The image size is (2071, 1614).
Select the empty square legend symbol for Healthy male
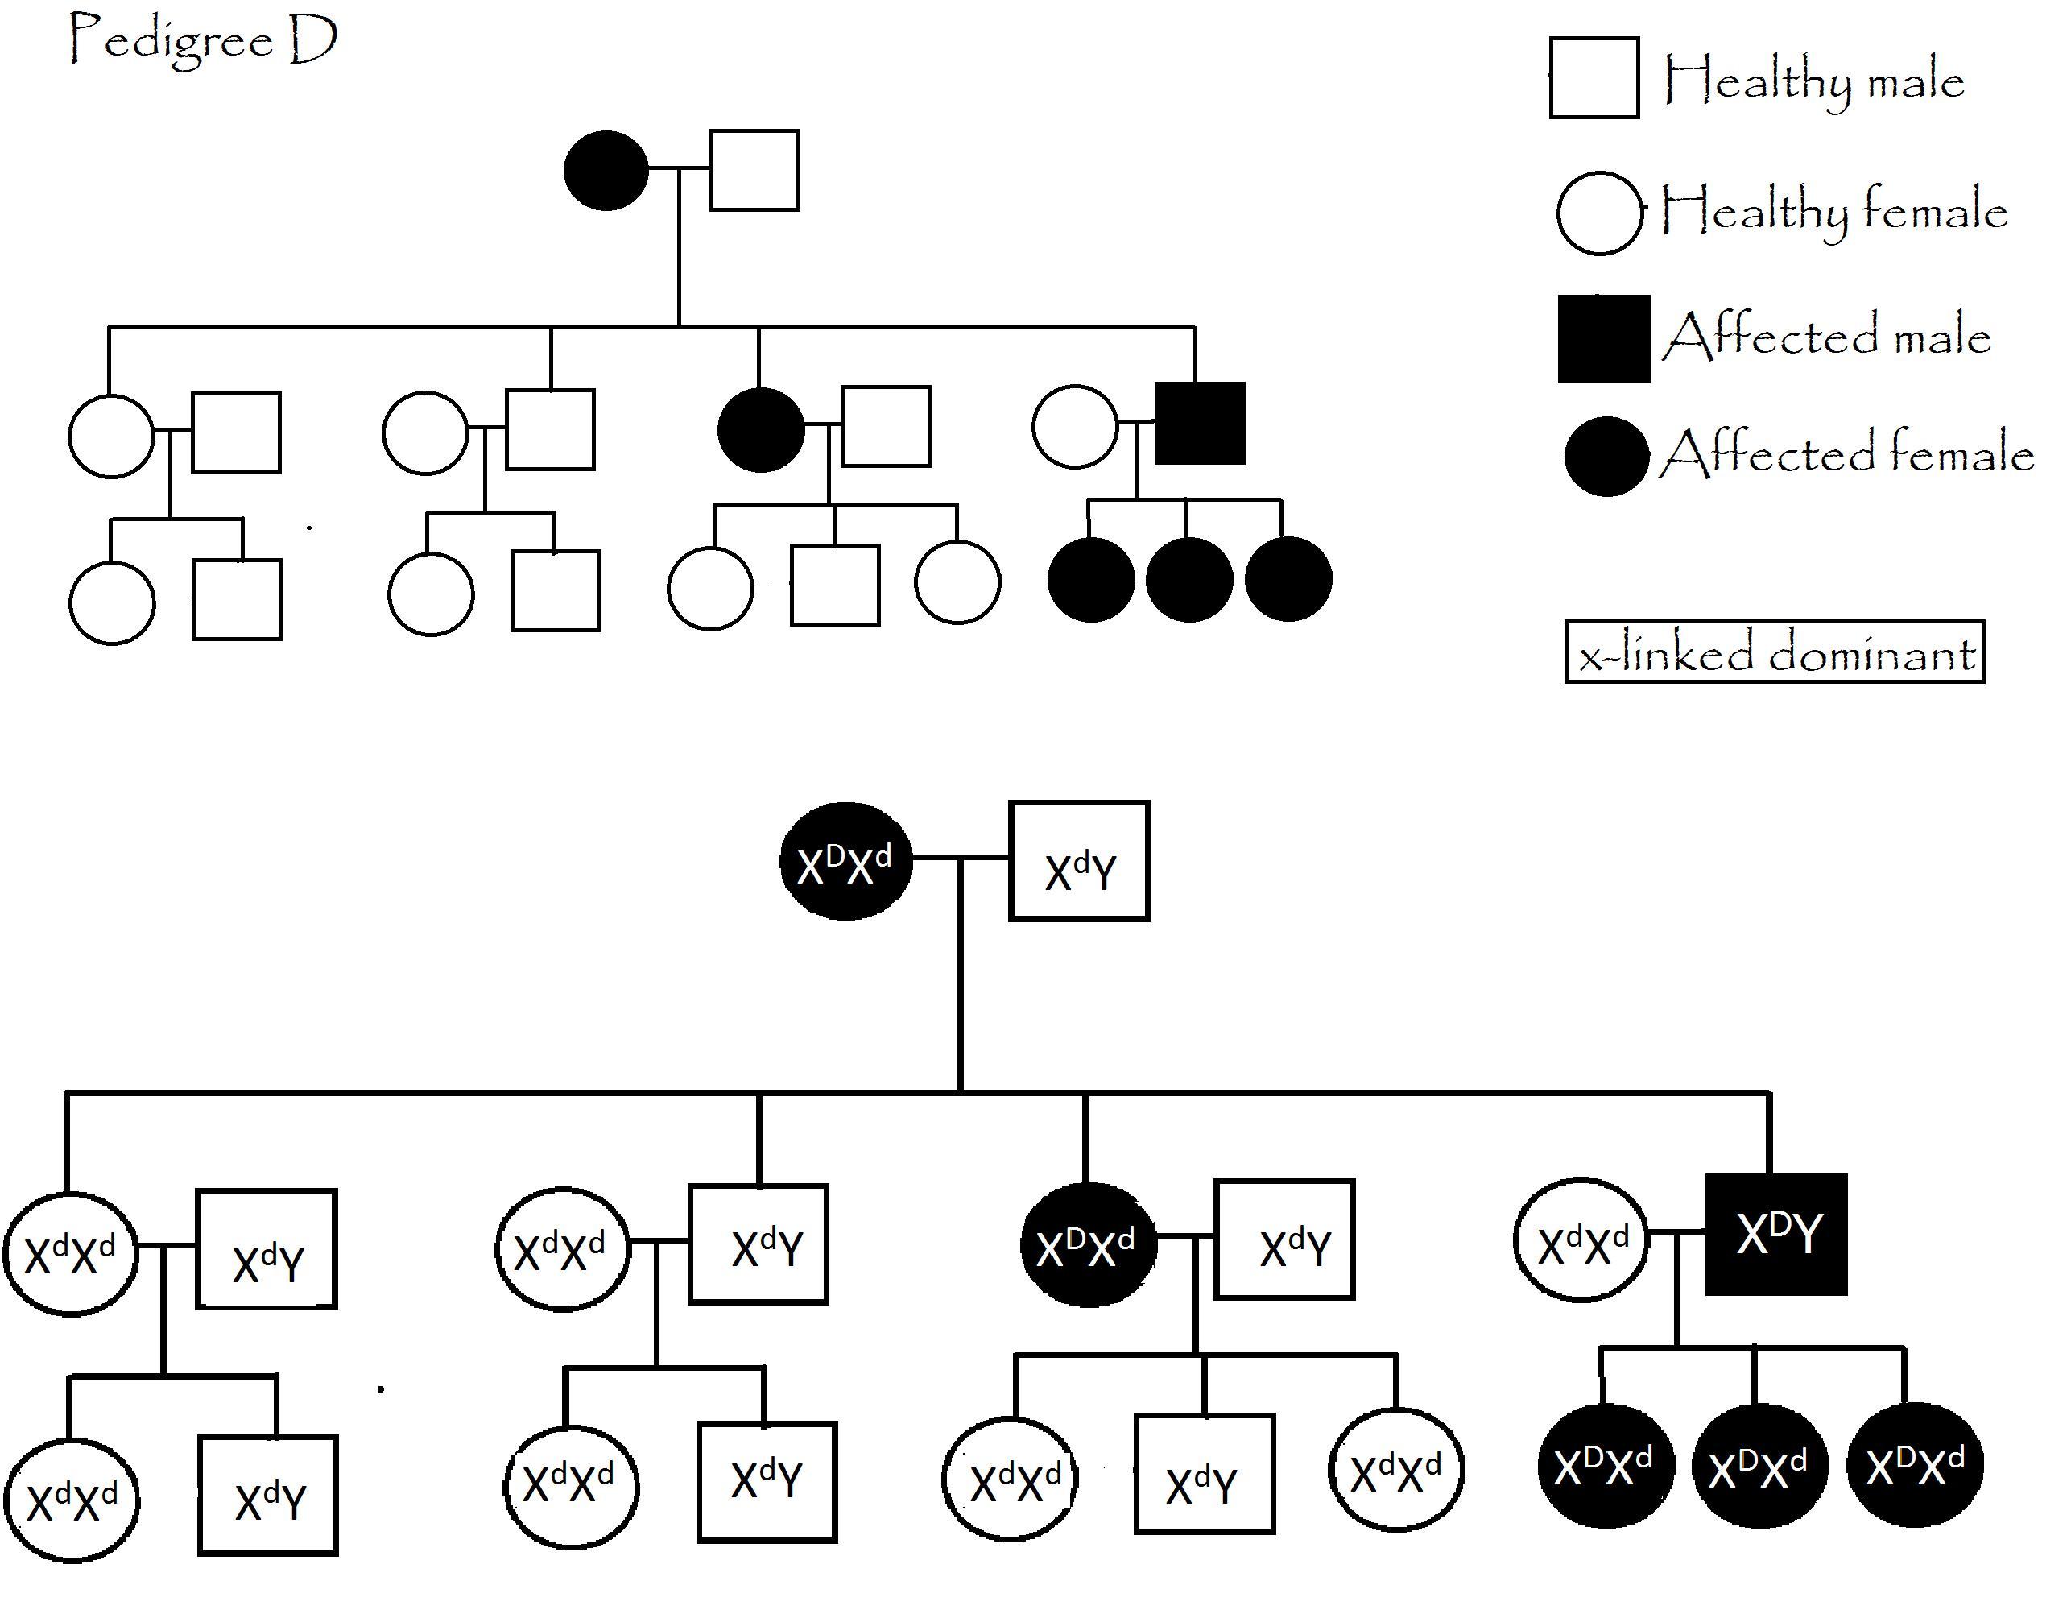[x=1594, y=78]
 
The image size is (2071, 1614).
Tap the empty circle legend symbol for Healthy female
[x=1599, y=213]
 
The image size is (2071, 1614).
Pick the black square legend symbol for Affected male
[x=1603, y=338]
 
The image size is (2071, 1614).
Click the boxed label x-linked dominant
[x=1774, y=652]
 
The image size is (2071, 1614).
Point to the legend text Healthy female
[x=1834, y=209]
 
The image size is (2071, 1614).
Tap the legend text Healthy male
[x=1813, y=80]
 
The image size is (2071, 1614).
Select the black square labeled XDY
[x=1776, y=1235]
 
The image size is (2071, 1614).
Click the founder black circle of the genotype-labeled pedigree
[x=845, y=861]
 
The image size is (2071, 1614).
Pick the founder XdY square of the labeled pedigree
[x=1079, y=861]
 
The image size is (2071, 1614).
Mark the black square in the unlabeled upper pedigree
[x=1200, y=424]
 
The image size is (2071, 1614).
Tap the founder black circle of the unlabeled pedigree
[x=606, y=170]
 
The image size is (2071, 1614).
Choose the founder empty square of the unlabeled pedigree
[x=754, y=170]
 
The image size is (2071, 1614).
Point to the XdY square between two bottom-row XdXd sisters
[x=1205, y=1474]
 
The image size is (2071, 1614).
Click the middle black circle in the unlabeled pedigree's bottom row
[x=1189, y=579]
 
